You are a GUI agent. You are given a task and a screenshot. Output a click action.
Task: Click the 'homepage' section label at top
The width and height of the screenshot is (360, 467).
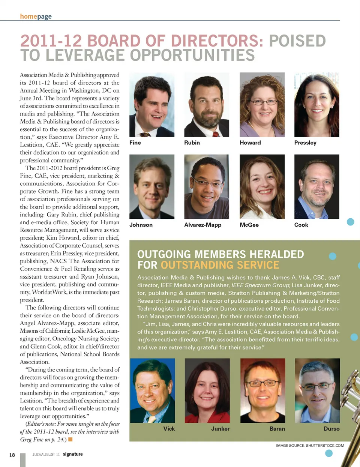(x=36, y=17)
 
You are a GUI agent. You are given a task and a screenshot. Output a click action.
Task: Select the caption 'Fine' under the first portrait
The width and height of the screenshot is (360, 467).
(x=135, y=143)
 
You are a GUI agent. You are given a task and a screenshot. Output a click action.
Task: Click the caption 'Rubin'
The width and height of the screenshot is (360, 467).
(x=192, y=143)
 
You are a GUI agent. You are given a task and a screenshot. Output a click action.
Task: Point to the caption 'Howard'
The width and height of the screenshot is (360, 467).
(x=250, y=143)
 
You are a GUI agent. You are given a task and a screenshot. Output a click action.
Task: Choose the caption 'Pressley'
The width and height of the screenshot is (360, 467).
(x=305, y=143)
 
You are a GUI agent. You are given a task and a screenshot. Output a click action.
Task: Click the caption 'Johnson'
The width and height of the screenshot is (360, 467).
(x=141, y=225)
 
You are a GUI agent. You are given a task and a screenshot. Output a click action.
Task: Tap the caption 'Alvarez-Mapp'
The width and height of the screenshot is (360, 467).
(x=202, y=225)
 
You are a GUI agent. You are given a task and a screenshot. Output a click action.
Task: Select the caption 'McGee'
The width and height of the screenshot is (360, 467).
(x=249, y=225)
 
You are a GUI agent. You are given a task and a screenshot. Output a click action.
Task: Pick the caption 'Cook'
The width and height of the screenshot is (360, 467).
(x=301, y=225)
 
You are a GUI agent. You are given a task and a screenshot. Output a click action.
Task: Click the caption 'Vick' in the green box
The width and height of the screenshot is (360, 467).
(x=169, y=428)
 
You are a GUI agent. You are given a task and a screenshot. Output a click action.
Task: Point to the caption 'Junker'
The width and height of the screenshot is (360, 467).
(x=220, y=428)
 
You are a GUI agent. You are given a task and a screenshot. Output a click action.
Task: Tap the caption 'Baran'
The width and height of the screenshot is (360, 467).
(x=277, y=428)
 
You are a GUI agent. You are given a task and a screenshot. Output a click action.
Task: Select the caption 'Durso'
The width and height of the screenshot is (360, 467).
(x=331, y=428)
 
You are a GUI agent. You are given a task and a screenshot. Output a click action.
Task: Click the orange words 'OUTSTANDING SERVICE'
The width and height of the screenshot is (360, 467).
(x=220, y=265)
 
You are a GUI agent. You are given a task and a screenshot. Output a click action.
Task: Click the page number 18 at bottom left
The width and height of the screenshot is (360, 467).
(x=12, y=455)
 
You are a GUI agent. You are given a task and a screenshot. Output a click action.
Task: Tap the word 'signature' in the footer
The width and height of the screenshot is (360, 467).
(x=73, y=454)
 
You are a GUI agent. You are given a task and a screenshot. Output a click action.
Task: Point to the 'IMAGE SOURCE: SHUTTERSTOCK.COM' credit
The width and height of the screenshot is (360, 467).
(x=310, y=446)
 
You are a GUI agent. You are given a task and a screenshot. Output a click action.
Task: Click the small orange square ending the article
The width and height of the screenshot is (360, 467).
(x=70, y=439)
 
